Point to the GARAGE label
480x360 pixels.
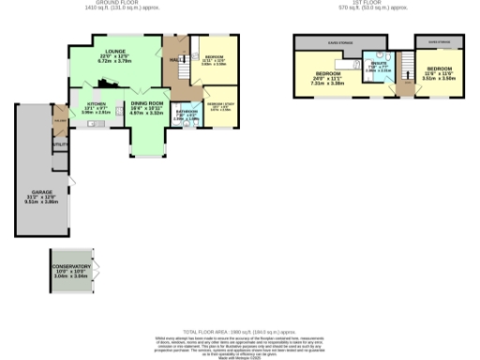(x=34, y=196)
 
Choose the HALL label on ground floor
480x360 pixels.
(x=174, y=60)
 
